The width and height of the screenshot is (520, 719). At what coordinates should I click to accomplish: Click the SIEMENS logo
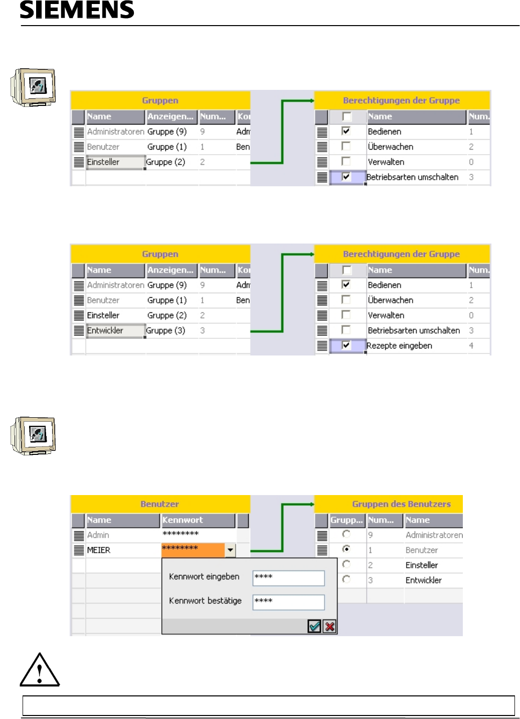[x=77, y=10]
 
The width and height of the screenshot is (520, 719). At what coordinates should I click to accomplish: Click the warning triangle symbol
[x=40, y=670]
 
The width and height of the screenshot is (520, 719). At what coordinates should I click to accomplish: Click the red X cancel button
[x=329, y=626]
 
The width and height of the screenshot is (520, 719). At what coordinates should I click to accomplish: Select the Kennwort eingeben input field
[x=288, y=578]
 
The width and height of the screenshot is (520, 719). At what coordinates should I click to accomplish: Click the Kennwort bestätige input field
[x=288, y=602]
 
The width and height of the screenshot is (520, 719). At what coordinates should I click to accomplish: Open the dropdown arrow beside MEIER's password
[x=230, y=550]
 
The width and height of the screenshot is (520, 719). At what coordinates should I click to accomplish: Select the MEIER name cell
[x=99, y=550]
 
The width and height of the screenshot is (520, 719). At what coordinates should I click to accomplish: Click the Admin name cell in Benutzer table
[x=98, y=535]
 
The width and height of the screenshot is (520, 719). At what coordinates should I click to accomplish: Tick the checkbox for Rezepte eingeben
[x=346, y=345]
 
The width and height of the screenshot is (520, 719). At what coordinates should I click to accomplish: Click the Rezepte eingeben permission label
[x=399, y=345]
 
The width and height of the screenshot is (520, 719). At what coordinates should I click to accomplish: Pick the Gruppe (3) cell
[x=166, y=330]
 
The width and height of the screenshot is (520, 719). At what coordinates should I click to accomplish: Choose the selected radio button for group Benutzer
[x=346, y=549]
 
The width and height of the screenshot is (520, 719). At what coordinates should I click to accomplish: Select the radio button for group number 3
[x=346, y=579]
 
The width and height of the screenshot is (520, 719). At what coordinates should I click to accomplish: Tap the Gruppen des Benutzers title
[x=401, y=504]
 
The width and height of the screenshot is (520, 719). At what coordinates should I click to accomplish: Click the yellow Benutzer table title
[x=159, y=504]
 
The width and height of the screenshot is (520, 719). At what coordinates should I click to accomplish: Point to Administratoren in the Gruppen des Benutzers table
[x=434, y=535]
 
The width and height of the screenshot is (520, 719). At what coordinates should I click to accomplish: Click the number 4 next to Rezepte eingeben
[x=471, y=345]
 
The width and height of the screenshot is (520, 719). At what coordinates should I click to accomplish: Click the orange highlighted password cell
[x=193, y=550]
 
